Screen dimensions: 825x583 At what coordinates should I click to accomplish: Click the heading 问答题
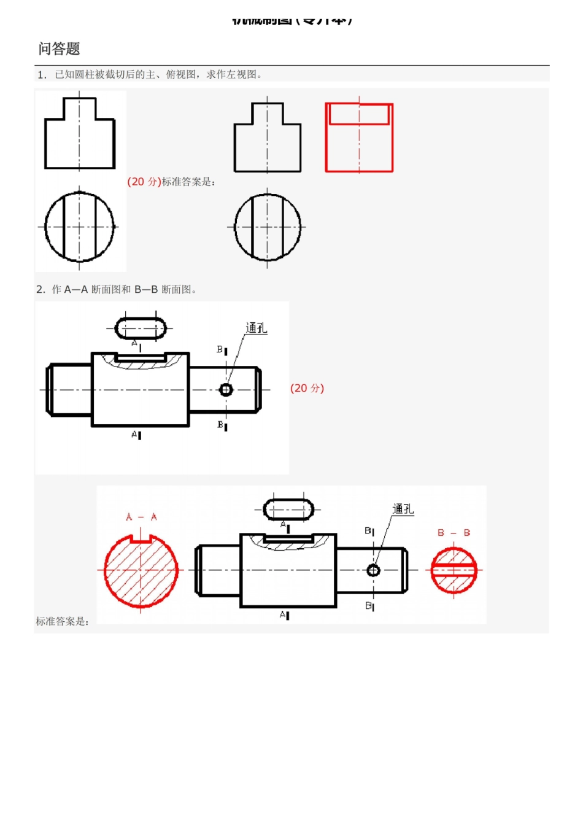pos(59,48)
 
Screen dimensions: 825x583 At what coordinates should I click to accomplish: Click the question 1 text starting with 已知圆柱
pos(158,74)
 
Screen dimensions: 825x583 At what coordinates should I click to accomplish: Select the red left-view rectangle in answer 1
pos(359,138)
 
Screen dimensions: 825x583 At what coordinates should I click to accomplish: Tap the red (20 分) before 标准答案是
pos(144,182)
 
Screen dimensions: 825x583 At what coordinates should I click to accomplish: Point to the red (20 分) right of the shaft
pos(307,388)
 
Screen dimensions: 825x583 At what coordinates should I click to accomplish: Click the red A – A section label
pos(141,517)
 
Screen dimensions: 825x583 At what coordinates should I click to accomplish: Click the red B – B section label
pos(454,533)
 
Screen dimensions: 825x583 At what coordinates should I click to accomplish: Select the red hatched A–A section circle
pos(141,570)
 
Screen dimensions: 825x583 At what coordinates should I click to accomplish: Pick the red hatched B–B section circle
pos(454,570)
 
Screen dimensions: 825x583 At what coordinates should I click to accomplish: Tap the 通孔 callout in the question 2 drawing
pos(256,328)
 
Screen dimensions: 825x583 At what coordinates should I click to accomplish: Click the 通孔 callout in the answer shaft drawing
pos(403,509)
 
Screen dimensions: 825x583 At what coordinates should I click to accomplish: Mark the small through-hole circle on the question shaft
pos(226,390)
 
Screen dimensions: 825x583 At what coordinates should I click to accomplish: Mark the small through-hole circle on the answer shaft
pos(373,570)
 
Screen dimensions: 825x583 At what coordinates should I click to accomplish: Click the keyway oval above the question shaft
pos(141,328)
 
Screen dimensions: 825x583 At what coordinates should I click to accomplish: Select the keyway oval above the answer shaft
pos(288,509)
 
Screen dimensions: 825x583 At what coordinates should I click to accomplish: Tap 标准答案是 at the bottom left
pos(62,621)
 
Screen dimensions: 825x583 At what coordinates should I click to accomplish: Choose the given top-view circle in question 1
pos(79,227)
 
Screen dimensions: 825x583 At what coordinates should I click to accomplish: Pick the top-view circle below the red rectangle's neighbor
pos(268,227)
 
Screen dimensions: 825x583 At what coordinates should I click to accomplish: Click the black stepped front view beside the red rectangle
pos(268,139)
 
